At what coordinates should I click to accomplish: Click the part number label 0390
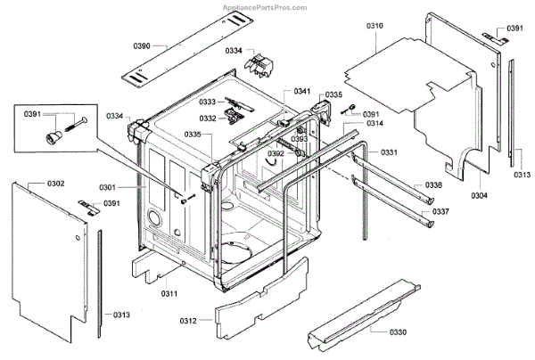[142, 45]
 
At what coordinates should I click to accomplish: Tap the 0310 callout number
[374, 28]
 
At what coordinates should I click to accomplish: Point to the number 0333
[207, 103]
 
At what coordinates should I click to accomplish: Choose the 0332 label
[207, 118]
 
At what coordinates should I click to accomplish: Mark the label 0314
[374, 123]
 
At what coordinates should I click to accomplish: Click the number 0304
[479, 195]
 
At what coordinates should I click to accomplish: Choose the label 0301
[132, 187]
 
